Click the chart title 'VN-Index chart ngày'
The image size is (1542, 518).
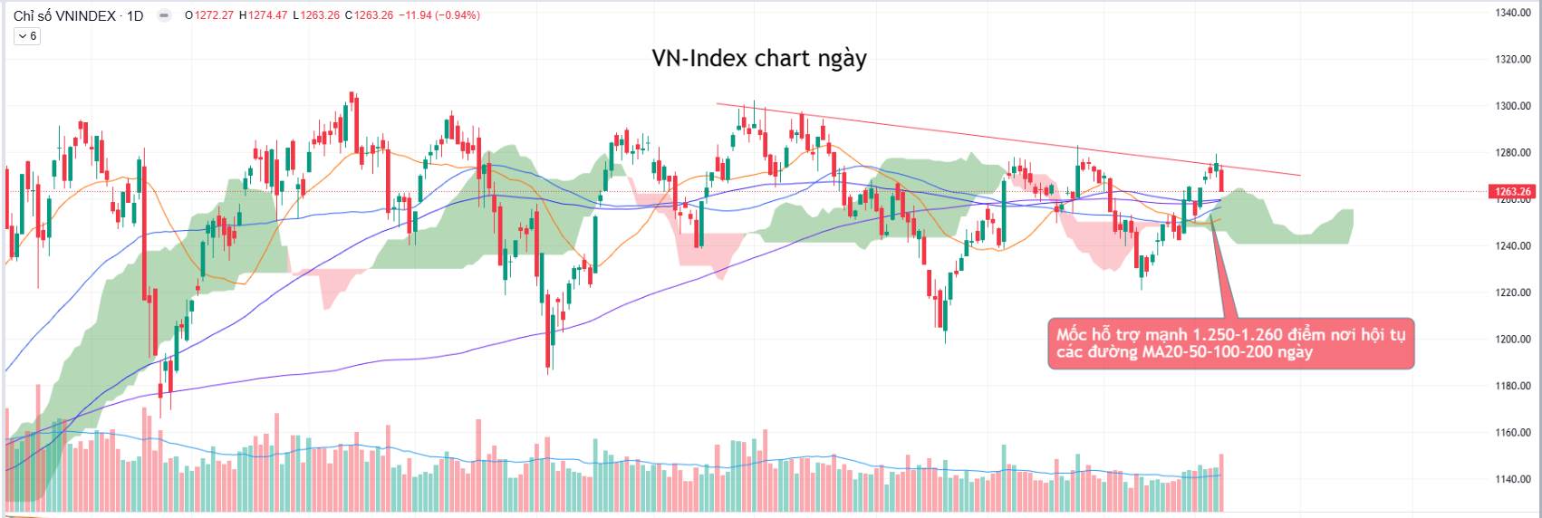759,59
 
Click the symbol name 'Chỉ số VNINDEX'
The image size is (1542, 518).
64,15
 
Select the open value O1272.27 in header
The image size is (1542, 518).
210,15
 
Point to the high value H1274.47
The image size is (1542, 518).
264,15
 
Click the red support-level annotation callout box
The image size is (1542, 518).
1230,343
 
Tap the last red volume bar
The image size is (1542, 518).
1221,483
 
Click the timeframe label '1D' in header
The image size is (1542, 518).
134,15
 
